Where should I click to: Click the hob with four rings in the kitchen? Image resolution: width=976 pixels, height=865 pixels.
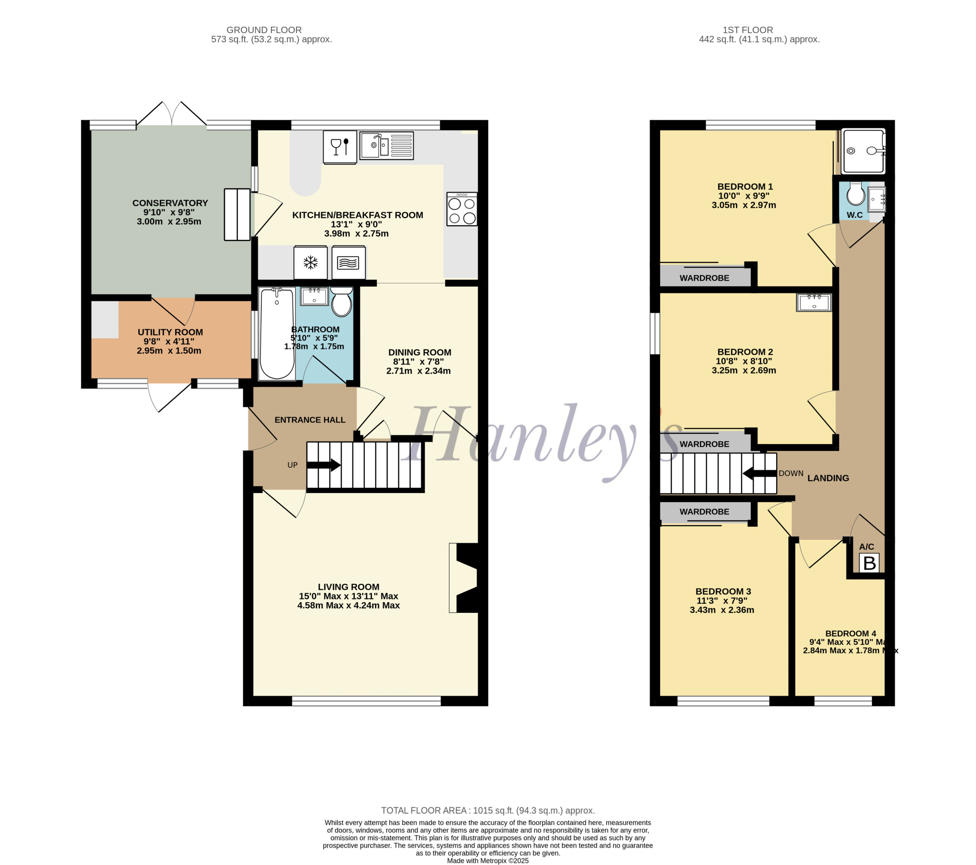pyautogui.click(x=462, y=209)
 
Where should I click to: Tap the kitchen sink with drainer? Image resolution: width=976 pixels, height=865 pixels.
pyautogui.click(x=386, y=145)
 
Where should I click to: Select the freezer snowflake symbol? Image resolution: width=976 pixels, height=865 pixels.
pyautogui.click(x=311, y=263)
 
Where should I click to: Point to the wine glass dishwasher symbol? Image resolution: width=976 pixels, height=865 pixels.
pyautogui.click(x=340, y=147)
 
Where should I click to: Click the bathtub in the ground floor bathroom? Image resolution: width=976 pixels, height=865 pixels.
pyautogui.click(x=277, y=334)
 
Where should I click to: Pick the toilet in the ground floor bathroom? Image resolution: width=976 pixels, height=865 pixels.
pyautogui.click(x=341, y=302)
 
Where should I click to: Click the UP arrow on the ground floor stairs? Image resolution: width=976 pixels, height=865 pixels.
pyautogui.click(x=323, y=465)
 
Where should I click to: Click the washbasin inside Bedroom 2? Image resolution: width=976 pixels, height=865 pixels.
pyautogui.click(x=814, y=302)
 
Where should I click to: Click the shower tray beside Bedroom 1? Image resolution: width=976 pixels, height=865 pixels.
pyautogui.click(x=863, y=151)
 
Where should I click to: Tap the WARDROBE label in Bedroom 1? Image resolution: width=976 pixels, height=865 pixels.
pyautogui.click(x=704, y=278)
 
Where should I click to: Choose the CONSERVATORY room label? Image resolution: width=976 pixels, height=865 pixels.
pyautogui.click(x=170, y=203)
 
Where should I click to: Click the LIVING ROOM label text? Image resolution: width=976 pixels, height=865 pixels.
pyautogui.click(x=348, y=587)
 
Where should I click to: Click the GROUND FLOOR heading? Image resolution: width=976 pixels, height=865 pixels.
pyautogui.click(x=264, y=30)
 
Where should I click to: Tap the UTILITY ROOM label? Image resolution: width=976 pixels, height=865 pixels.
pyautogui.click(x=170, y=332)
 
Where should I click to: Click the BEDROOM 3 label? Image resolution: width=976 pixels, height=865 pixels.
pyautogui.click(x=723, y=591)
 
